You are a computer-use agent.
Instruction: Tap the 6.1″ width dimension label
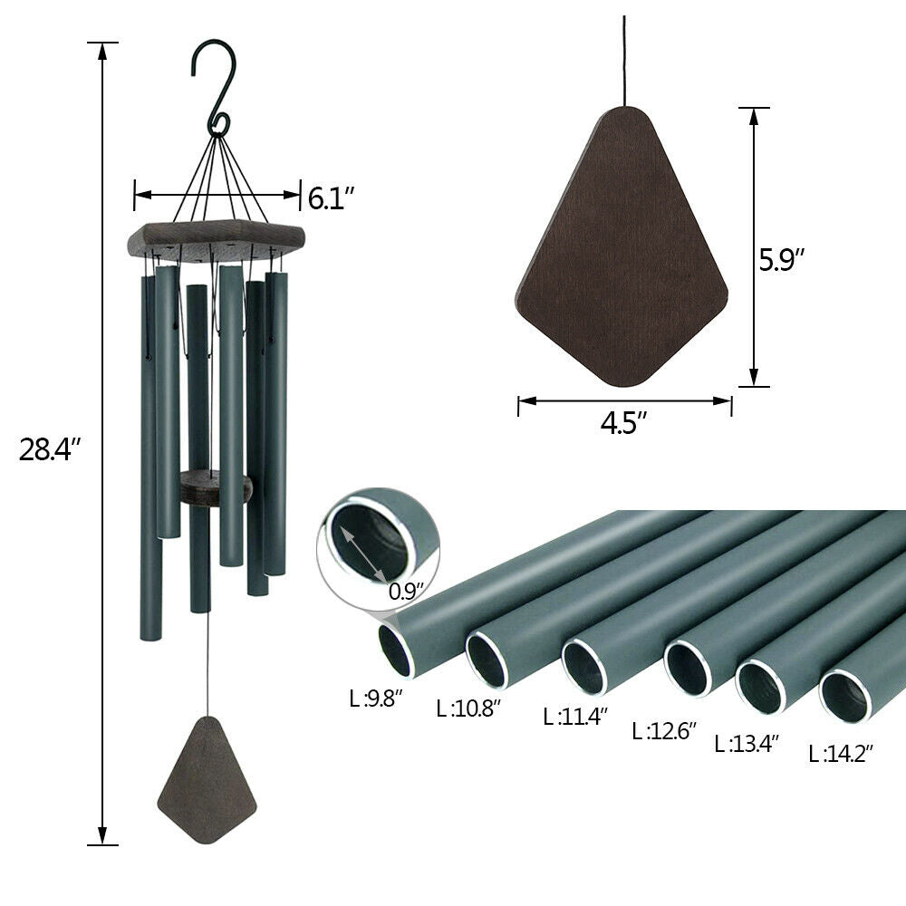(x=331, y=197)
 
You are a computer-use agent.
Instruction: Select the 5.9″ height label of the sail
(x=782, y=260)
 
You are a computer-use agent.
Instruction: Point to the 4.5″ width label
(x=624, y=424)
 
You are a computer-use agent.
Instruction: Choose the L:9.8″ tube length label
(x=376, y=698)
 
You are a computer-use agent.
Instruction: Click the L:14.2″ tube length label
(x=841, y=752)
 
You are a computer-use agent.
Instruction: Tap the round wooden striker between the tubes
(x=214, y=487)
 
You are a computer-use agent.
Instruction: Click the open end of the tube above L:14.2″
(x=845, y=697)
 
